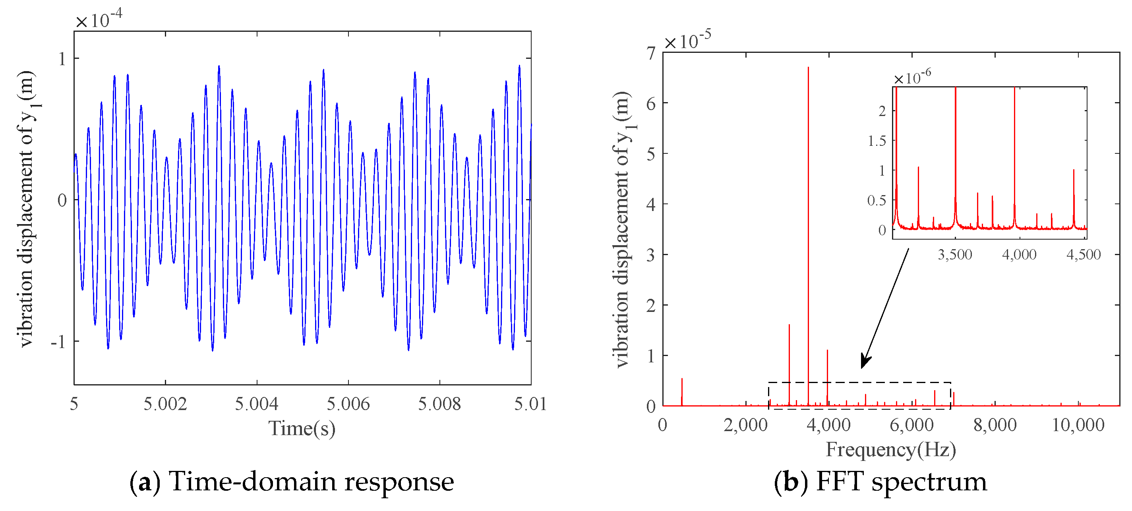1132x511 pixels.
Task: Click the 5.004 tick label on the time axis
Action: pos(257,404)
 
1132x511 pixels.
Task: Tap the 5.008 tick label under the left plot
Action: pos(439,404)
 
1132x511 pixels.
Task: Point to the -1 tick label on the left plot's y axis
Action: pos(58,342)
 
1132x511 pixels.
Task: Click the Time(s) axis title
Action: pos(302,428)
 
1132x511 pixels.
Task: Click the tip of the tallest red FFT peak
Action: pos(808,68)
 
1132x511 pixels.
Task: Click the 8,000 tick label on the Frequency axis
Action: pos(995,425)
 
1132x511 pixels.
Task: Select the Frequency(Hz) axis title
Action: pos(891,449)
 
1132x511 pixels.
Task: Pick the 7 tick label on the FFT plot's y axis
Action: pos(651,54)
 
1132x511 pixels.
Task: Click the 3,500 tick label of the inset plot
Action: pos(955,254)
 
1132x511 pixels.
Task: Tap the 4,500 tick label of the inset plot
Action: pos(1083,254)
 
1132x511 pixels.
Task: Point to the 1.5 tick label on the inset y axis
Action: pos(877,141)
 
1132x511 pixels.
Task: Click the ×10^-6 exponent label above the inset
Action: pos(912,77)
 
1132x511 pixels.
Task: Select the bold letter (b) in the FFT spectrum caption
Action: pos(791,482)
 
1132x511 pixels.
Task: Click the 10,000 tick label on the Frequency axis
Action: pos(1078,425)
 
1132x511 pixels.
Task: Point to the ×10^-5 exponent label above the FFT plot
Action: pos(687,40)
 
